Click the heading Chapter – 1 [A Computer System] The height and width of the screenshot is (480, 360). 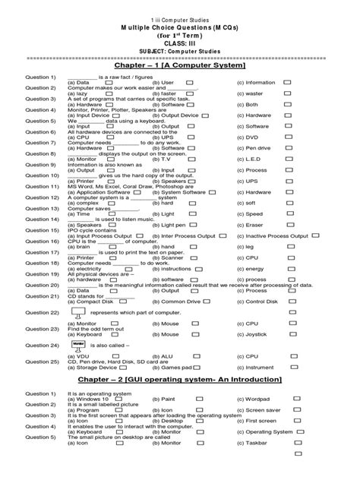[180, 67]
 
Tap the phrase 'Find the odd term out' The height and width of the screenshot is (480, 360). [92, 328]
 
